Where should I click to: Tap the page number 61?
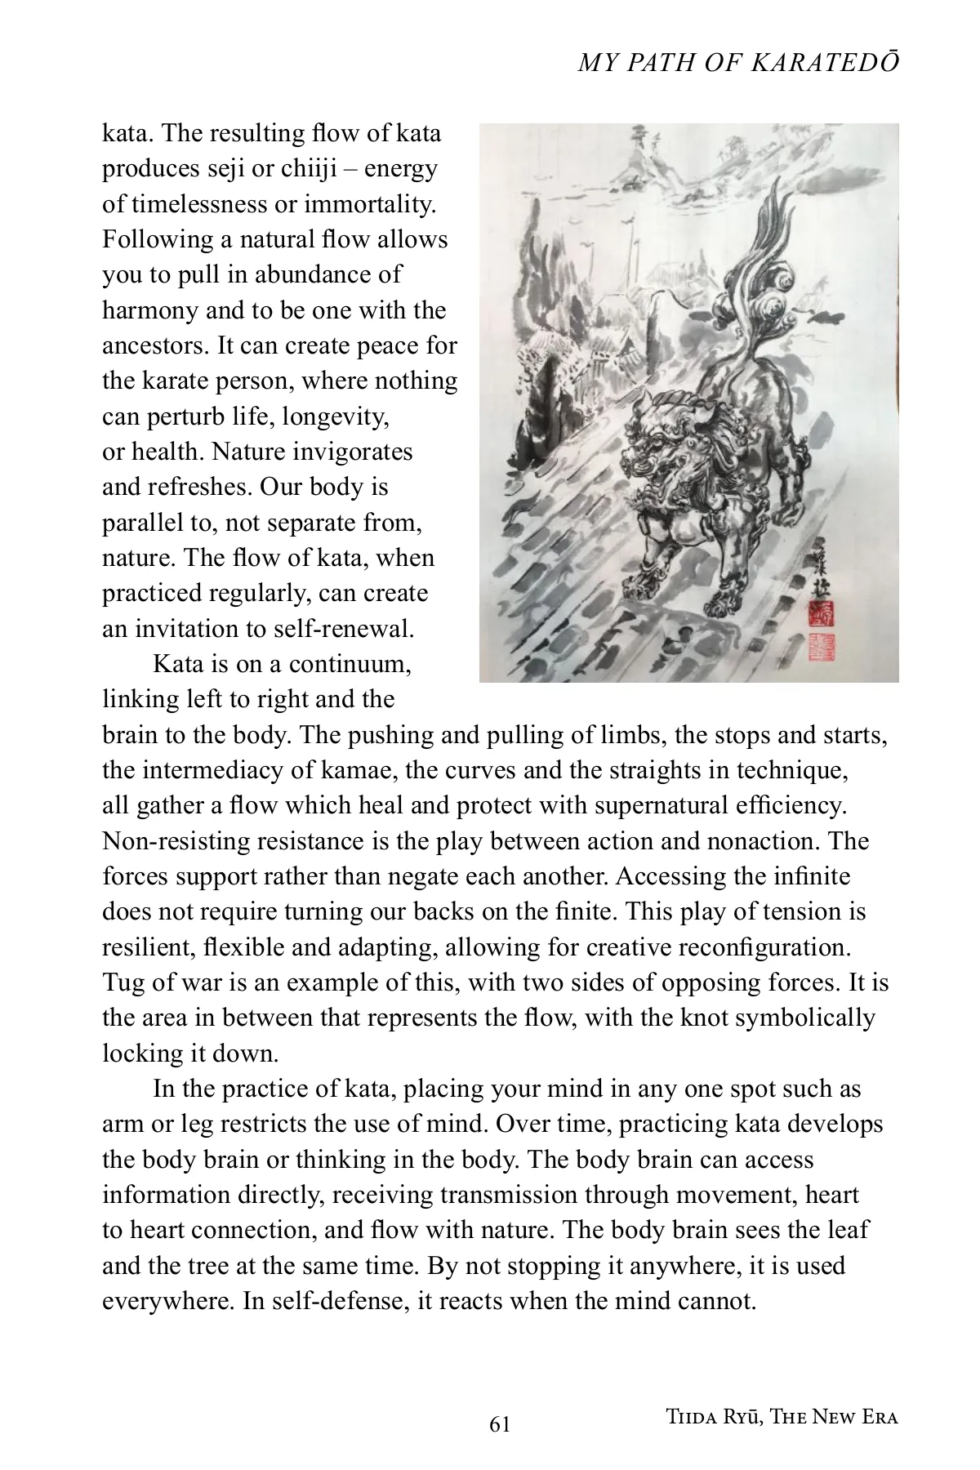tap(500, 1424)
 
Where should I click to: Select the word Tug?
tap(122, 982)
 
